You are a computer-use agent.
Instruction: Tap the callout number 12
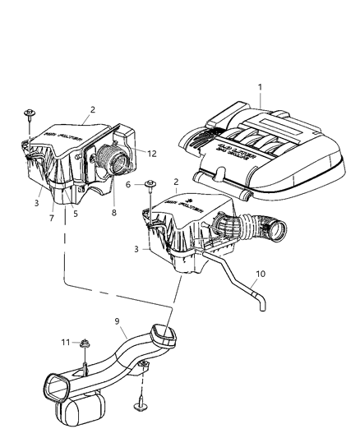152,151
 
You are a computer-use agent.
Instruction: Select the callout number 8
113,212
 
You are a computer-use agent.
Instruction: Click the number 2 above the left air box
93,108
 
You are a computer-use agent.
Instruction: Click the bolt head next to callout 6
150,184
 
